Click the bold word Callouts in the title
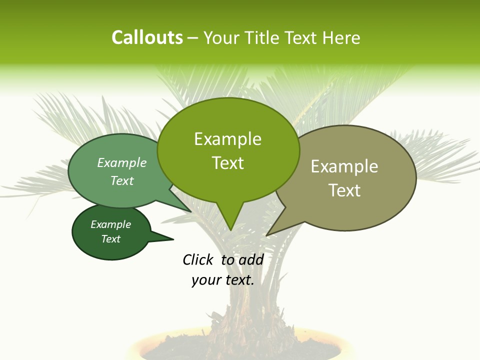tap(147, 37)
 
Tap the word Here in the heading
tap(342, 38)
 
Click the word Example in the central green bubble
tap(227, 139)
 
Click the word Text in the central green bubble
tap(227, 163)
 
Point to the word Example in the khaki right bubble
tap(344, 166)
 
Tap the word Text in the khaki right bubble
tap(344, 190)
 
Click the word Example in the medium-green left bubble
tap(122, 163)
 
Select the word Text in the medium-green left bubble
tap(122, 180)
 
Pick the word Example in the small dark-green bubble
tap(110, 224)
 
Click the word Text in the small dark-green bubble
tap(110, 239)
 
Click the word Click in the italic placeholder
tap(198, 259)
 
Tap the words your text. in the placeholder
tap(223, 280)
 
